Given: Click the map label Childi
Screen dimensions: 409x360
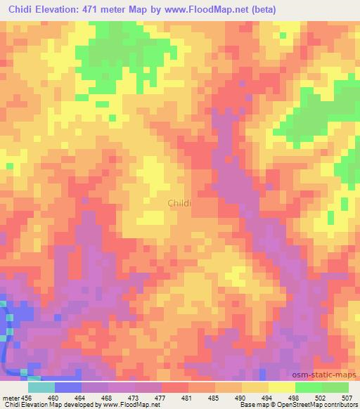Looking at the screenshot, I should (180, 203).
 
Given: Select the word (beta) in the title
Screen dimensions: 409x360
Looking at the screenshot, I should (261, 10).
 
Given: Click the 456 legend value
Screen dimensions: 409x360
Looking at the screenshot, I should (28, 397).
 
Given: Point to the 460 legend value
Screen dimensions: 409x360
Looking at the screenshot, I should (55, 397).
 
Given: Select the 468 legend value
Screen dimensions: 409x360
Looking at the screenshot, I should (108, 397).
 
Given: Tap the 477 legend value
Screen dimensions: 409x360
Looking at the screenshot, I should (162, 397).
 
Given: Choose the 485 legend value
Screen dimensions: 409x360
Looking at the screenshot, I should (215, 397).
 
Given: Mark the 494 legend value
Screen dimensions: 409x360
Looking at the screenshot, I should (269, 397).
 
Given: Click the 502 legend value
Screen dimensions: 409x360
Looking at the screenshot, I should (322, 397).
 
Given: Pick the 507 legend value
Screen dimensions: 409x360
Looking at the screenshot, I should (347, 397).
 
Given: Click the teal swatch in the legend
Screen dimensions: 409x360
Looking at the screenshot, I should (41, 387).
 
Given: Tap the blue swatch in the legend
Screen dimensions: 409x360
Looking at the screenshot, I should (68, 387).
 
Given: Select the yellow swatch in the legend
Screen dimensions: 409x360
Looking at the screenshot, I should (282, 387).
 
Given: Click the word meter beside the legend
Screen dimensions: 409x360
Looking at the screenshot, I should (11, 397).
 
